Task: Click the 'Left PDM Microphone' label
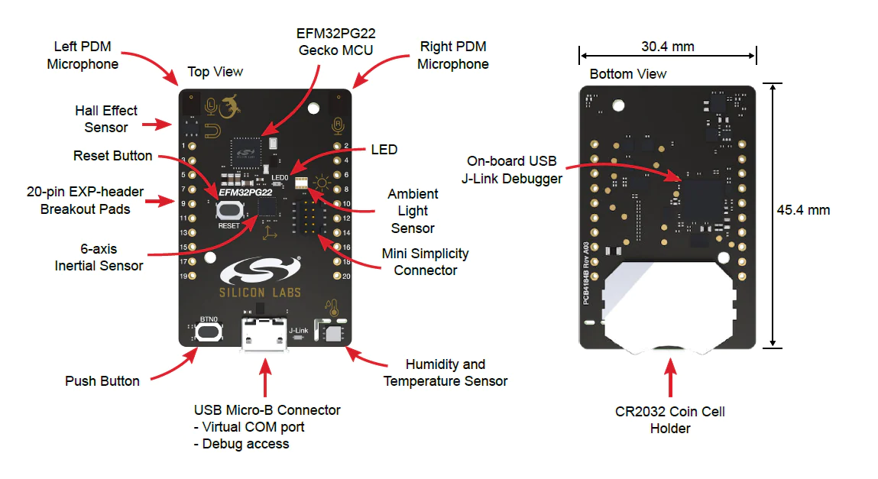[x=83, y=56]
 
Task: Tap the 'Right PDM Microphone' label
[x=453, y=56]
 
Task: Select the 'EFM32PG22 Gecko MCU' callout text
[x=337, y=42]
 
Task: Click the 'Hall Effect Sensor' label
[x=106, y=119]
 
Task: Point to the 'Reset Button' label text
[x=113, y=156]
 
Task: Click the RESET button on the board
[x=228, y=210]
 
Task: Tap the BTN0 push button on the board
[x=209, y=332]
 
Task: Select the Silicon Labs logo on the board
[x=261, y=277]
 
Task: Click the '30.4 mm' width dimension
[x=668, y=47]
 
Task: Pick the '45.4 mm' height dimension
[x=803, y=210]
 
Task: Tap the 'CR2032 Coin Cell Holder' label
[x=670, y=420]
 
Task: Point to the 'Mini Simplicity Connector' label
[x=426, y=261]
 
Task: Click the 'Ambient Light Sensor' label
[x=413, y=211]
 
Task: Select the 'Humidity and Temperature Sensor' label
[x=445, y=373]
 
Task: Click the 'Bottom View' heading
[x=628, y=74]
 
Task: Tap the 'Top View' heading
[x=215, y=72]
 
